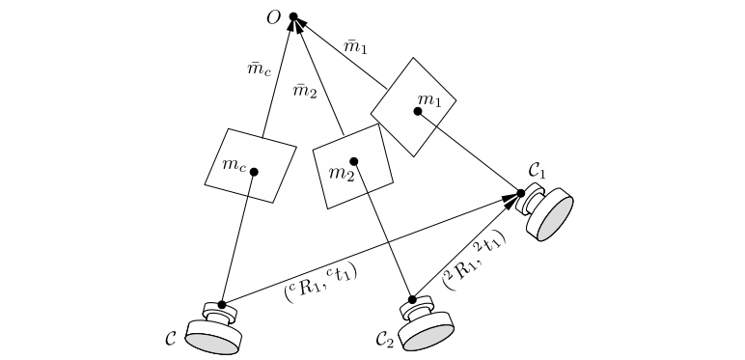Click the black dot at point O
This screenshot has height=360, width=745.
click(x=293, y=16)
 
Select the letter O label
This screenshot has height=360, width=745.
click(x=274, y=18)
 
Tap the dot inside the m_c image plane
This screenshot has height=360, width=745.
click(x=254, y=172)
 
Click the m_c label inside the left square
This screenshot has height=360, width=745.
click(x=235, y=165)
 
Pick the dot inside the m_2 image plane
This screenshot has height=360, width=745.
click(x=354, y=161)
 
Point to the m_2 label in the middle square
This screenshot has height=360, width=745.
click(x=341, y=174)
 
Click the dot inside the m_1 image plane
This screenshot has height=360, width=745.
click(x=418, y=111)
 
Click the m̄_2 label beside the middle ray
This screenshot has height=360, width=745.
click(x=305, y=91)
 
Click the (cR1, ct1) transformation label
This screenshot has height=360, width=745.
click(x=320, y=281)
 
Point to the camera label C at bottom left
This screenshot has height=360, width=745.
click(x=170, y=339)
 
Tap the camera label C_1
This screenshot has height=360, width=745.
click(x=537, y=172)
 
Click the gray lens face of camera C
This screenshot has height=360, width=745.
click(x=211, y=343)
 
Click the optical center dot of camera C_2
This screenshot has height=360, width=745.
click(x=412, y=299)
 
